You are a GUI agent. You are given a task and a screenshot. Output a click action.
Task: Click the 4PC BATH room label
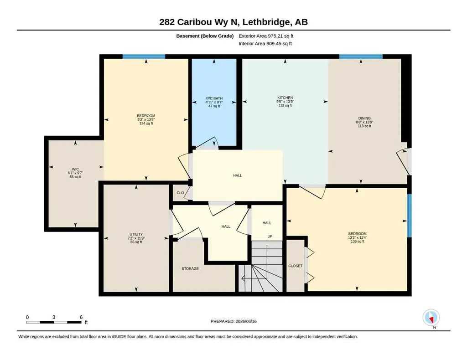[214, 98]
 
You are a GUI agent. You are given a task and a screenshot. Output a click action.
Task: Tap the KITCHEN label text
[285, 98]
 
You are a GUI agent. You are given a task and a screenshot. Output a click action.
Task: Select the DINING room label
[364, 118]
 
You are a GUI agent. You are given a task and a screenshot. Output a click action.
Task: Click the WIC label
[75, 169]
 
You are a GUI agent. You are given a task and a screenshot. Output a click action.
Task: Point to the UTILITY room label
[136, 234]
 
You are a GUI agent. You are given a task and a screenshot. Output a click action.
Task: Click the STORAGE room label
[190, 269]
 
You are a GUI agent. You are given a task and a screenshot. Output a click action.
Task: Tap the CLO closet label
[180, 193]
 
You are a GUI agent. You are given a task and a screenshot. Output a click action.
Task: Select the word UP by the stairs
[270, 237]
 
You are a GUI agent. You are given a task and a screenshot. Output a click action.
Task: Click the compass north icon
[431, 318]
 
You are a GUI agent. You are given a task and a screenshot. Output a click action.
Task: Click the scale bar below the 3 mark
[54, 322]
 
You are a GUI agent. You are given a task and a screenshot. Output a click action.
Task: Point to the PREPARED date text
[233, 321]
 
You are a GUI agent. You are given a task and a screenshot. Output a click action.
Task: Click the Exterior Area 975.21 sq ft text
[266, 36]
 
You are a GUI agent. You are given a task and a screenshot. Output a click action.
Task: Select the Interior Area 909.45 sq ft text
[265, 44]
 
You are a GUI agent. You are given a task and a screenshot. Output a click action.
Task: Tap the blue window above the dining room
[361, 57]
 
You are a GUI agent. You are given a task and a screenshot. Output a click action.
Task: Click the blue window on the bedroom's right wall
[409, 216]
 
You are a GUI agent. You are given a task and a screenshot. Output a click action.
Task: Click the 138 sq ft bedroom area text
[358, 241]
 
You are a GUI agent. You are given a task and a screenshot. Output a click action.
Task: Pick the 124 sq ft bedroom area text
[146, 123]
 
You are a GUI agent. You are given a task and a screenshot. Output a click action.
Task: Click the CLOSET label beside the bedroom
[295, 266]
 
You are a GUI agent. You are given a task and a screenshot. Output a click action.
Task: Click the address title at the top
[233, 22]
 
